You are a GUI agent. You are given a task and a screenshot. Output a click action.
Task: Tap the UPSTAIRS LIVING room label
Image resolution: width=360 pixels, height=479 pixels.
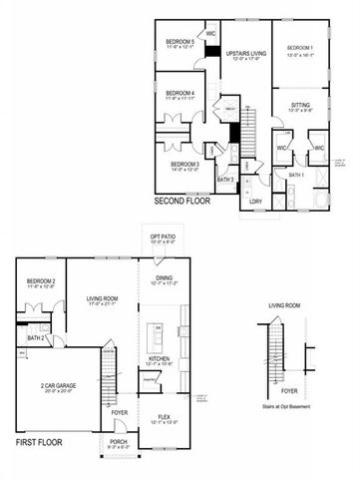245,52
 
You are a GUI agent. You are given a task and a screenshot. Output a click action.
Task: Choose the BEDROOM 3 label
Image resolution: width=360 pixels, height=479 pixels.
182,167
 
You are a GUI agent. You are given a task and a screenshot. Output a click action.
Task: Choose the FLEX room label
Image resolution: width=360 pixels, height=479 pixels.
164,419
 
